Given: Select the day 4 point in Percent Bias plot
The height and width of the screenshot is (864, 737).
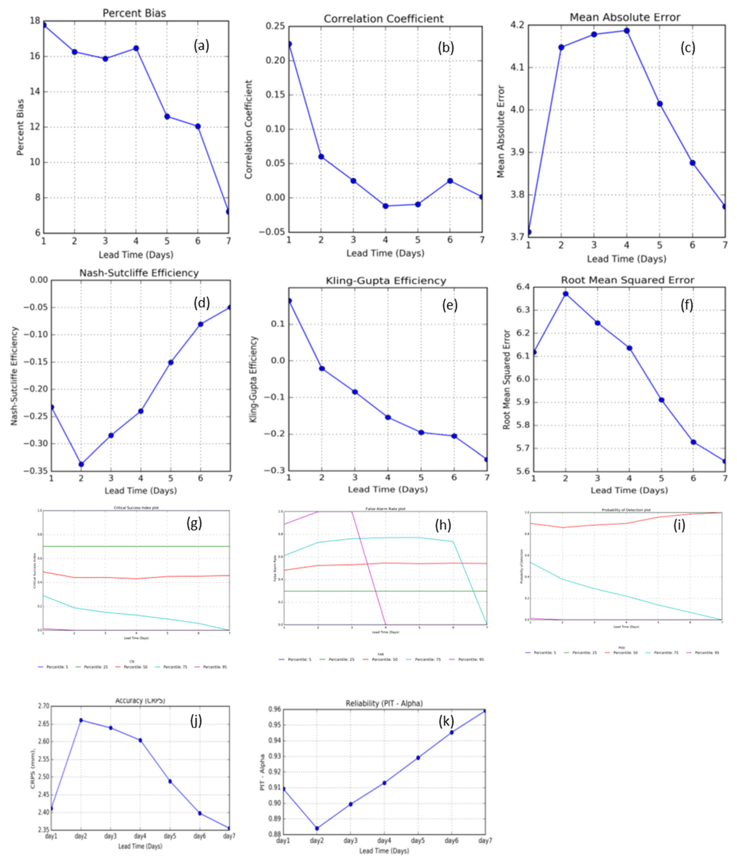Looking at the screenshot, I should tap(136, 48).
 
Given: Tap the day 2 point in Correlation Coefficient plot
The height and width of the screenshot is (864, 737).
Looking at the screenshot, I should tap(321, 157).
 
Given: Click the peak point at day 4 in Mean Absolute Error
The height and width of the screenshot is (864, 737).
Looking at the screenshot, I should tap(626, 31).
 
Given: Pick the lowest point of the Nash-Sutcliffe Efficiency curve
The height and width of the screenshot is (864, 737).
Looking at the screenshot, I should tap(81, 464).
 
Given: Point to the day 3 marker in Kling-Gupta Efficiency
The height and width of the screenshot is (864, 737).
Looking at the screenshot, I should tap(355, 392).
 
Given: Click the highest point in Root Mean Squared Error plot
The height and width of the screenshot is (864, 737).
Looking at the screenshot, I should tap(566, 294).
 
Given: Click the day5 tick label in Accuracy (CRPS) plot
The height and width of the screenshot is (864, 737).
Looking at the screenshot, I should tap(170, 836).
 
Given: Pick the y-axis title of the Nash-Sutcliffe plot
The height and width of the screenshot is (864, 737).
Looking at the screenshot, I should tap(14, 376).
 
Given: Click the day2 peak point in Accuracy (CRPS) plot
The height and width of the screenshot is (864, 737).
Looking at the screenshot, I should tap(81, 720).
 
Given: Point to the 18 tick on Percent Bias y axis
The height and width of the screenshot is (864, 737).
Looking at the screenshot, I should tap(35, 21).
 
